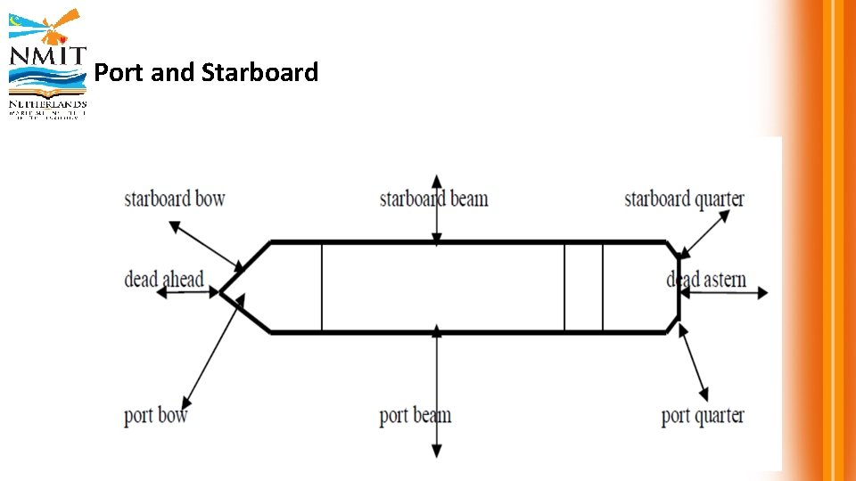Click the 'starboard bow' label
(x=175, y=199)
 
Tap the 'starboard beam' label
(x=434, y=199)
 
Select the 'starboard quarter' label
(x=684, y=199)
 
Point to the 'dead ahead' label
(x=164, y=280)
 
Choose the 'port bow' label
(x=156, y=415)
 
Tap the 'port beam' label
(x=416, y=415)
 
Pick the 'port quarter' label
(x=703, y=415)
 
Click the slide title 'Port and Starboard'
(x=206, y=72)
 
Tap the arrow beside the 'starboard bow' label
(x=206, y=245)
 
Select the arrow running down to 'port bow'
(x=212, y=352)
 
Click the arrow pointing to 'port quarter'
(x=694, y=363)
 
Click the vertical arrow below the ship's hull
(x=436, y=392)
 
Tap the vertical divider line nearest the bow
(x=322, y=287)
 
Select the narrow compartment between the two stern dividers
(x=583, y=287)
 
